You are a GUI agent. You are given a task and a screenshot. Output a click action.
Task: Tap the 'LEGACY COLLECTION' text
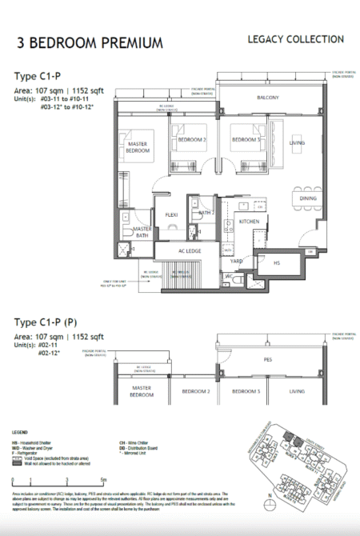click(296, 39)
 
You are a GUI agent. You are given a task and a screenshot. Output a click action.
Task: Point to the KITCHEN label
click(249, 220)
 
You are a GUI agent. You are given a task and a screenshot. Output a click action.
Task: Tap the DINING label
click(308, 198)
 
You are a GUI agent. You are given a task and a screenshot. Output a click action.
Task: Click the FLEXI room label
click(170, 216)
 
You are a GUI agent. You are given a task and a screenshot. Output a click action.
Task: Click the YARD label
click(237, 261)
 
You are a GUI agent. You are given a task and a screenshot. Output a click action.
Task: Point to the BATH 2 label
click(205, 213)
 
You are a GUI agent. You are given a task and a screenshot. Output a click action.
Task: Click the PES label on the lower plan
click(269, 360)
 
